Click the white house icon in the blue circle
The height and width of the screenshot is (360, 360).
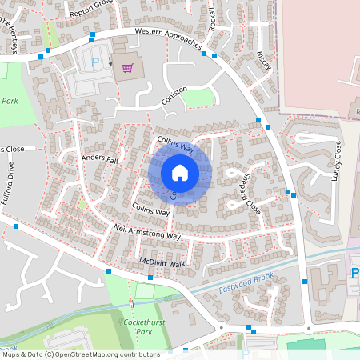180,172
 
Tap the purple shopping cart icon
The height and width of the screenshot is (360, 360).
126,68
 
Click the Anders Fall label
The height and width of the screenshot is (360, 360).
99,160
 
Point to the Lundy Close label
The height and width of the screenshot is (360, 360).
339,160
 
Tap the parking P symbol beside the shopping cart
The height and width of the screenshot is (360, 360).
96,63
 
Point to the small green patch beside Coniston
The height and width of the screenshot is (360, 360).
201,98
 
